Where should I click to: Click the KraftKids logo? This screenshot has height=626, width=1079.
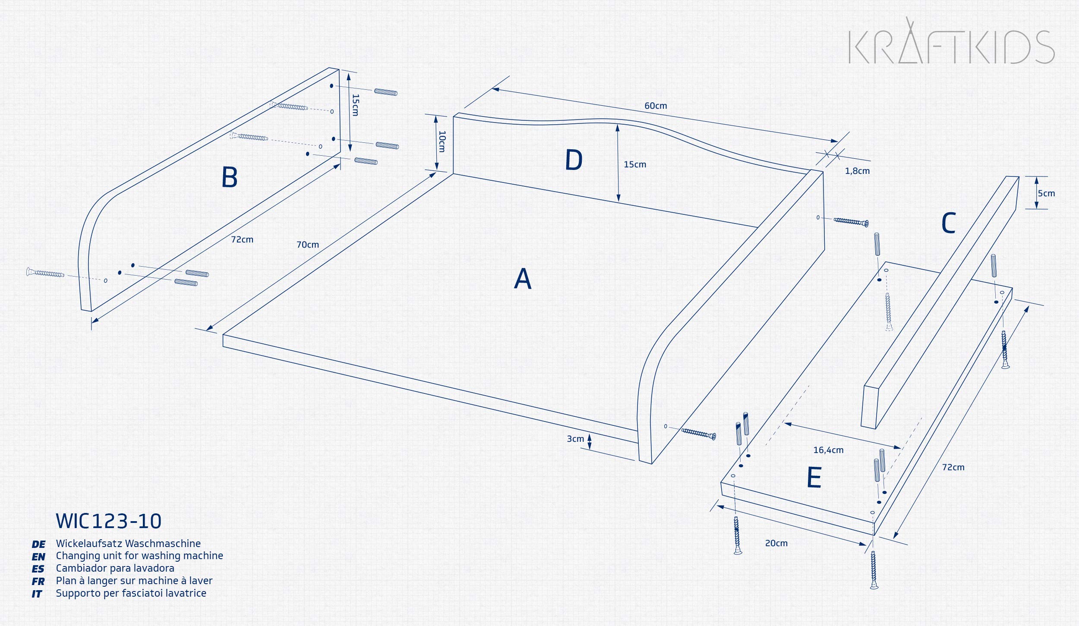[952, 41]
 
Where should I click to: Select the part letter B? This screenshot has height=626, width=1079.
[230, 177]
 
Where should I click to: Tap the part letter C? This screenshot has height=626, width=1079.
[948, 223]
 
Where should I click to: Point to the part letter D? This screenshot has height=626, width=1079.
[574, 160]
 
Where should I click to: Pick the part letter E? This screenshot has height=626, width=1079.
[814, 478]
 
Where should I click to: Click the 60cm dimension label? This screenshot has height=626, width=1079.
[656, 106]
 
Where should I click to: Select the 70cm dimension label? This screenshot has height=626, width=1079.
[308, 245]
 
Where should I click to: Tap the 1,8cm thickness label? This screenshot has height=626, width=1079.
[857, 171]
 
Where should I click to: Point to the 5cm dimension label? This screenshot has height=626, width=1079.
[1046, 193]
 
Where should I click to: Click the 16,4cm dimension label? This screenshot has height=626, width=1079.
[828, 450]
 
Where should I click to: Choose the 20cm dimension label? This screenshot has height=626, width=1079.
[776, 543]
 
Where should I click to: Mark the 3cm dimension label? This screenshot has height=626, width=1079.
[575, 439]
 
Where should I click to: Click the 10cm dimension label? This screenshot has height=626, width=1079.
[442, 142]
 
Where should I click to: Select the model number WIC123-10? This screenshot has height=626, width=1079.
[109, 521]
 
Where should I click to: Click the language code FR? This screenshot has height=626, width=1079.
[38, 582]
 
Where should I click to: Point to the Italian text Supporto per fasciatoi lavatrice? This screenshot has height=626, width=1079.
[131, 593]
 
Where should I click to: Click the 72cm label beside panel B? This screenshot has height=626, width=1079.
[242, 239]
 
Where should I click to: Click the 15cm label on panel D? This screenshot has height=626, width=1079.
[635, 164]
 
